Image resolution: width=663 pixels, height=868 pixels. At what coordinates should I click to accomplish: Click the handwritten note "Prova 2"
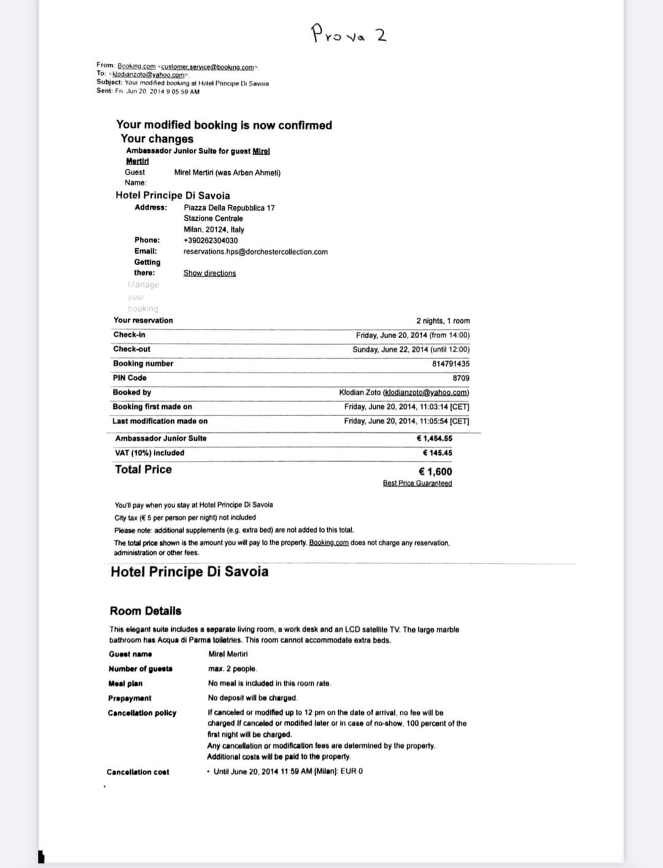[x=349, y=33]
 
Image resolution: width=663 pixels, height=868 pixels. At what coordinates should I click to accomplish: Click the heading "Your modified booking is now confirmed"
[x=224, y=125]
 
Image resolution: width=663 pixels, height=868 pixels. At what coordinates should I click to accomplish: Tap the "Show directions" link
[x=209, y=273]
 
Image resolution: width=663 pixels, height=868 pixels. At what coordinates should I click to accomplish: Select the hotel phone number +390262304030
[x=211, y=241]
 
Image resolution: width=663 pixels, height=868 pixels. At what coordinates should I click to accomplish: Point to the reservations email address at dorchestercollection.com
[x=255, y=252]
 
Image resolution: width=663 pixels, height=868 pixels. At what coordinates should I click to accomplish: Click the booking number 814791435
[x=451, y=364]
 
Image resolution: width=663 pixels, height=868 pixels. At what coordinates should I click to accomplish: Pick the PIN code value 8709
[x=461, y=378]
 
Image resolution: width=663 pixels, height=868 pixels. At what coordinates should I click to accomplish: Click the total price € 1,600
[x=435, y=471]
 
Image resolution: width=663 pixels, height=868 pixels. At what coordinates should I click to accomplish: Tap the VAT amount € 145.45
[x=438, y=453]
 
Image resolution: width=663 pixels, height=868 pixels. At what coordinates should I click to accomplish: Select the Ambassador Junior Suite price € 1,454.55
[x=434, y=438]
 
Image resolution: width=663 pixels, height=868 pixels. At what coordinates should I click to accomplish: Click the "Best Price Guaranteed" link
[x=417, y=483]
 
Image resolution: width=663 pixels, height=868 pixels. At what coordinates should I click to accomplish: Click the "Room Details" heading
[x=145, y=611]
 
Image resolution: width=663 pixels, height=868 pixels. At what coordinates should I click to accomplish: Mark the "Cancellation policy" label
[x=142, y=713]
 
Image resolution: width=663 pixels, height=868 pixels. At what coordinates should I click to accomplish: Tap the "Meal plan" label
[x=125, y=683]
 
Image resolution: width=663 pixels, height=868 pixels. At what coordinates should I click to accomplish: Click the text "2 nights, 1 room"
[x=443, y=321]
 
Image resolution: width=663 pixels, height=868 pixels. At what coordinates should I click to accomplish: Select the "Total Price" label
[x=143, y=470]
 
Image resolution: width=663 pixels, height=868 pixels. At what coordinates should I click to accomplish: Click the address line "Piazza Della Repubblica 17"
[x=229, y=208]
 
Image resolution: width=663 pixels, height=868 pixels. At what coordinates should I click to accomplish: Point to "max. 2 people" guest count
[x=233, y=668]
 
